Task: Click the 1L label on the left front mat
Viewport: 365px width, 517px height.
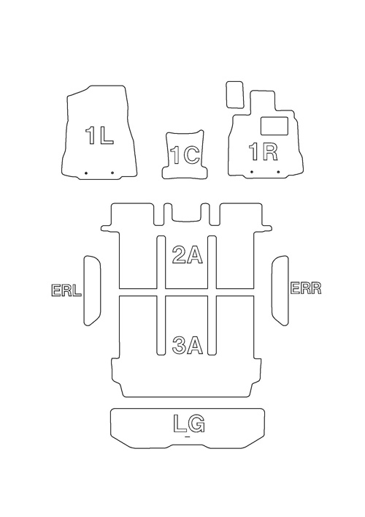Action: click(x=99, y=135)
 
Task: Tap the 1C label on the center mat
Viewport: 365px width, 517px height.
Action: click(x=185, y=155)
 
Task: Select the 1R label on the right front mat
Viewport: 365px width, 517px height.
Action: click(x=264, y=152)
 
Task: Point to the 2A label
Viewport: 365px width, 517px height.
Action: click(x=188, y=255)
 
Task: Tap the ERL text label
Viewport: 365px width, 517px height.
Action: click(x=66, y=290)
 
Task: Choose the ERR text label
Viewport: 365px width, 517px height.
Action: click(x=306, y=288)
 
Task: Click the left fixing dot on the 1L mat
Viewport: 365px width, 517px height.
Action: click(x=85, y=173)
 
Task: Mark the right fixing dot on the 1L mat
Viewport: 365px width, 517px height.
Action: click(x=112, y=173)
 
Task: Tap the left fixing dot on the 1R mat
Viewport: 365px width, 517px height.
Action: click(x=252, y=172)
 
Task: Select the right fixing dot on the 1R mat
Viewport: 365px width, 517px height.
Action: click(x=278, y=172)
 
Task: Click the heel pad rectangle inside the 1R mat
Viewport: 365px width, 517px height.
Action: click(x=274, y=126)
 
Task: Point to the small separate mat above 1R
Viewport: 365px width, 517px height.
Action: click(x=234, y=94)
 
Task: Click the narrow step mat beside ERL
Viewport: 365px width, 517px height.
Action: click(x=93, y=291)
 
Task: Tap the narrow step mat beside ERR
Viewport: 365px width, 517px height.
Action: click(x=280, y=290)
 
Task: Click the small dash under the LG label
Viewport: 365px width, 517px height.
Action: click(x=188, y=437)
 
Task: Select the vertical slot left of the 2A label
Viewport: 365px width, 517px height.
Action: click(x=161, y=262)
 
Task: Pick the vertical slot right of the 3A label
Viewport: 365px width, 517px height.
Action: click(x=212, y=325)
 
